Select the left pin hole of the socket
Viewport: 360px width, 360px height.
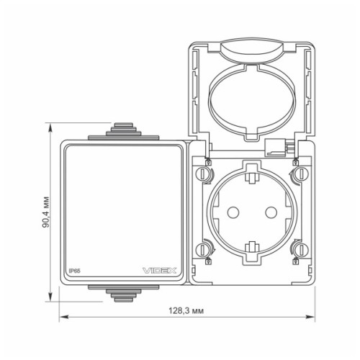[x=234, y=212]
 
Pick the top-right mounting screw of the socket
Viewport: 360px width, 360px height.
[x=295, y=174]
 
